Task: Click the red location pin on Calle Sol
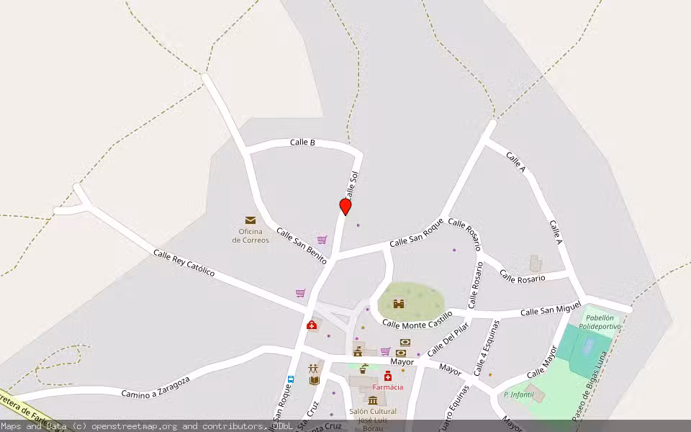point(345,207)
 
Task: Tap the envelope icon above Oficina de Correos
point(250,220)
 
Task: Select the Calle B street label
point(302,143)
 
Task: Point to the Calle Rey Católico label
point(184,264)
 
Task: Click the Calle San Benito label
point(302,246)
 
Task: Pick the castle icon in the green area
point(399,303)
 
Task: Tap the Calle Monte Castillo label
point(417,319)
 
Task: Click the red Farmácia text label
point(387,387)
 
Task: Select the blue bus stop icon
point(291,379)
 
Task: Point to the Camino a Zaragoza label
point(155,387)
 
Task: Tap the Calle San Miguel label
point(550,310)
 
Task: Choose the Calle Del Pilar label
point(448,339)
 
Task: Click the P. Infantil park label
point(518,395)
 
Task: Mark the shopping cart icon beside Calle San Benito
point(322,240)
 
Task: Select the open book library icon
point(313,380)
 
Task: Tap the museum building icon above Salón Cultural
point(373,400)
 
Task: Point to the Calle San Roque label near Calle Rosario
point(416,233)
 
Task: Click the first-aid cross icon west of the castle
point(312,325)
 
